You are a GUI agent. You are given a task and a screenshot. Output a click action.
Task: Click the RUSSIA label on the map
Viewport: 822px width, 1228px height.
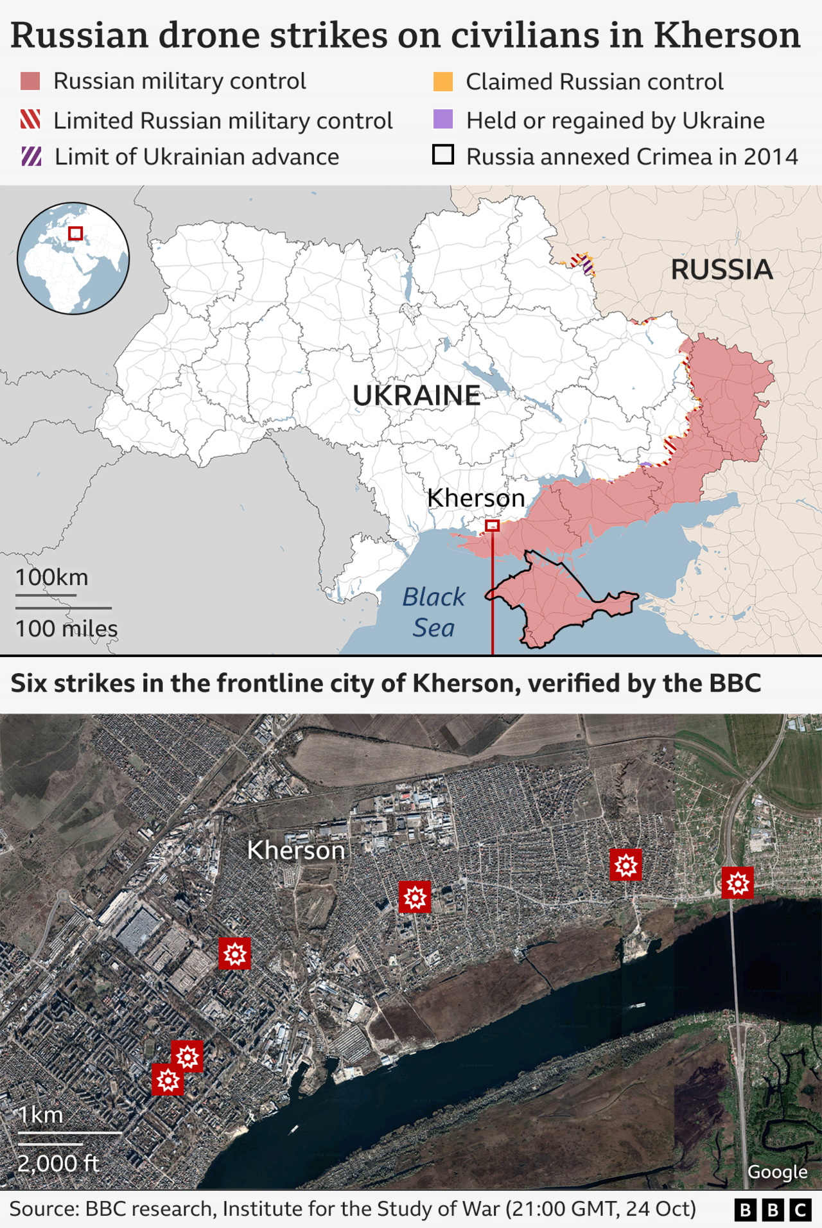pos(721,270)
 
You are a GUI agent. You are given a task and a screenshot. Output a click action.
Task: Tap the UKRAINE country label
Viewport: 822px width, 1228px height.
pos(416,395)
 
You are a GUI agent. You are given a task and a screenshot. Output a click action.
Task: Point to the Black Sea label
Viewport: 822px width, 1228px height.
pos(433,612)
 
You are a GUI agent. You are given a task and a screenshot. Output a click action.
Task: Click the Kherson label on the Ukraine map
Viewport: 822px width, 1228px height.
pos(476,498)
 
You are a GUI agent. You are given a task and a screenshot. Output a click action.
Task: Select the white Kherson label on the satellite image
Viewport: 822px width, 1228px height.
pos(296,850)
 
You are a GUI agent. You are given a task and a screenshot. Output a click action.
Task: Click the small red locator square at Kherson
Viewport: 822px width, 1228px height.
pos(493,525)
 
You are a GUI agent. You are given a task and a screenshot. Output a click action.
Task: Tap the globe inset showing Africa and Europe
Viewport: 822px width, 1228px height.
pos(73,258)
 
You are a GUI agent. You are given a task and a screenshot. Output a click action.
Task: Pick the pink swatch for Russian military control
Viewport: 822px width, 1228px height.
pos(30,82)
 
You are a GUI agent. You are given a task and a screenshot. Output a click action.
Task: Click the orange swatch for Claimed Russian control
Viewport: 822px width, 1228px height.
pos(443,82)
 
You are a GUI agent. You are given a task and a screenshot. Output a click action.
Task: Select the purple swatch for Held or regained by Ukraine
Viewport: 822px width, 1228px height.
pos(443,119)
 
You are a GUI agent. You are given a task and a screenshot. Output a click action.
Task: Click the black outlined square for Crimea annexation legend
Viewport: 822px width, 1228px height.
pos(443,155)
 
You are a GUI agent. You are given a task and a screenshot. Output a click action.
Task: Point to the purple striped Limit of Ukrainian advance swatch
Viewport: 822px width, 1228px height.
pos(31,156)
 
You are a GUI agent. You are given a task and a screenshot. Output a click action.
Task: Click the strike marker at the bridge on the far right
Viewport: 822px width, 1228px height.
pos(737,882)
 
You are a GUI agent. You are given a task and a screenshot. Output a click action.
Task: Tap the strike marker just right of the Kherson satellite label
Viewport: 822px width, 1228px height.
pos(415,897)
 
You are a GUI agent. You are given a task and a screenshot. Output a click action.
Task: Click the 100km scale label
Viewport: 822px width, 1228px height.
pos(52,577)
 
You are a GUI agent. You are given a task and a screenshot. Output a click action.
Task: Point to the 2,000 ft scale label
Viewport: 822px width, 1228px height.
pos(58,1163)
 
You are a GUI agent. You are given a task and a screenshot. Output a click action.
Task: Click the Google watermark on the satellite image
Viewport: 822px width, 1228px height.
pos(778,1171)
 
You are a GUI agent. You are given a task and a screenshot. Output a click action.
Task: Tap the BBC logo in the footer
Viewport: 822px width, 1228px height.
pos(773,1210)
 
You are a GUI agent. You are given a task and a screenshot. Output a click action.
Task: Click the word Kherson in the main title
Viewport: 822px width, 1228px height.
pos(726,35)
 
